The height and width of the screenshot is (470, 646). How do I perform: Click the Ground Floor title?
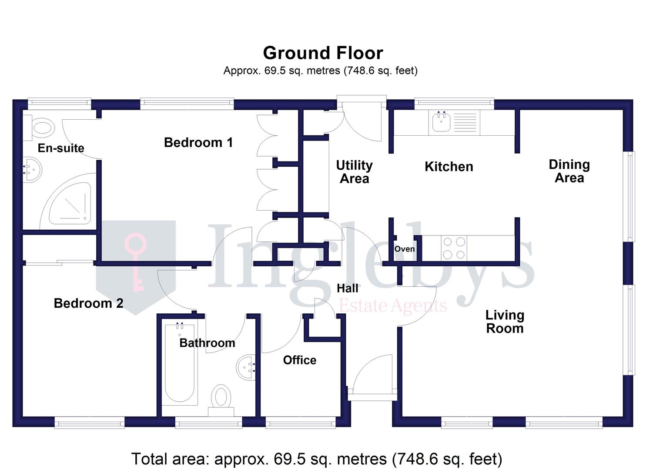pos(323,53)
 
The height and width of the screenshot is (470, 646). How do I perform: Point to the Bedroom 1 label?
pos(198,142)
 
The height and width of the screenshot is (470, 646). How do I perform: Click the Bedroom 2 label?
pos(88,303)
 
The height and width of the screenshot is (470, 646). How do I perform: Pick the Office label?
pos(299,360)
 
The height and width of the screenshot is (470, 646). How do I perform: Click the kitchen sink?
pos(441,123)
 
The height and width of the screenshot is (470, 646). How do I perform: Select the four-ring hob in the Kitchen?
pos(454,248)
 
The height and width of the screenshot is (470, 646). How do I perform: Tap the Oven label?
pos(404,249)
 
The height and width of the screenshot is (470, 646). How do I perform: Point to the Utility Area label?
pos(354,172)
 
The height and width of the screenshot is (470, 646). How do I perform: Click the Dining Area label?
pos(569,171)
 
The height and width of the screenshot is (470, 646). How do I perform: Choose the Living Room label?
pos(505,322)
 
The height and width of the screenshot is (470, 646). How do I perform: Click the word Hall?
pos(348,288)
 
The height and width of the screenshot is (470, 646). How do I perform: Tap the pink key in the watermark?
pos(137,261)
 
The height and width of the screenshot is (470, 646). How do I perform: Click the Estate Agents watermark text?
pos(392,306)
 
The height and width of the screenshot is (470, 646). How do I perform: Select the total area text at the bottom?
pos(317,459)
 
